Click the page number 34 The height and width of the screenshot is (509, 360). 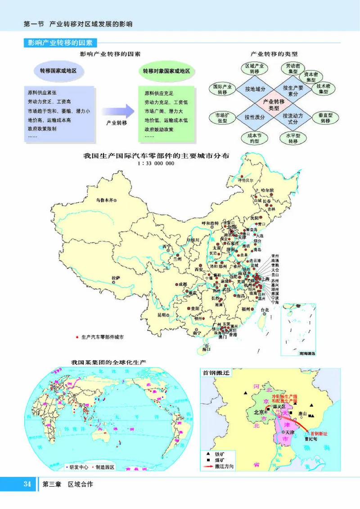tap(27, 484)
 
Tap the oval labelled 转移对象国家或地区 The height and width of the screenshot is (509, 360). tap(166, 71)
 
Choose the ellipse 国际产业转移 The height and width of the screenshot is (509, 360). tap(222, 89)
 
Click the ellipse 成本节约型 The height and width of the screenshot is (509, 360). tap(255, 138)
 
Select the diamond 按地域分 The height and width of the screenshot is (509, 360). tap(255, 89)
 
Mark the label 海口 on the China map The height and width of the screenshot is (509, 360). tap(206, 349)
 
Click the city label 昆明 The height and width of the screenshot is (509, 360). tap(162, 315)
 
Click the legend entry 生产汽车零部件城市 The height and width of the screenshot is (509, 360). tap(102, 336)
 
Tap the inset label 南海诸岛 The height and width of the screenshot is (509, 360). tap(307, 354)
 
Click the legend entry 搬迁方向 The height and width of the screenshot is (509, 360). tap(224, 466)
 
